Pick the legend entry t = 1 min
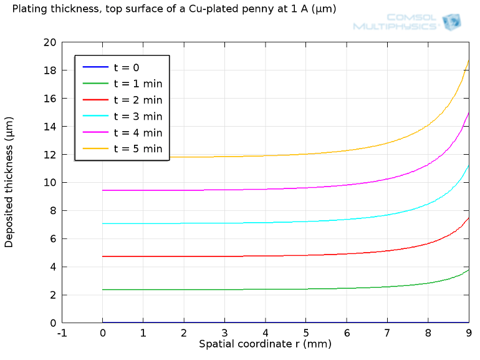(x=137, y=84)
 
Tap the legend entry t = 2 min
(x=137, y=100)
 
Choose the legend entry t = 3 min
(x=137, y=116)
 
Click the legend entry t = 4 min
(x=137, y=132)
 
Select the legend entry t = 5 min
(x=137, y=148)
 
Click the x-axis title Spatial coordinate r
(x=265, y=344)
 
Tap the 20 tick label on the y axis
(x=50, y=42)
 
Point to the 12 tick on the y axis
(x=50, y=155)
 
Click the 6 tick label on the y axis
(x=53, y=239)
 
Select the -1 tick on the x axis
(x=62, y=333)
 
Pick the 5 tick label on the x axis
(x=306, y=333)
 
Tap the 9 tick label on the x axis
(x=468, y=333)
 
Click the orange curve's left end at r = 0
(x=103, y=157)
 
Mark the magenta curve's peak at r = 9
(x=469, y=112)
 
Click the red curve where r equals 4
(x=266, y=256)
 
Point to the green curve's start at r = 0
(x=103, y=289)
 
